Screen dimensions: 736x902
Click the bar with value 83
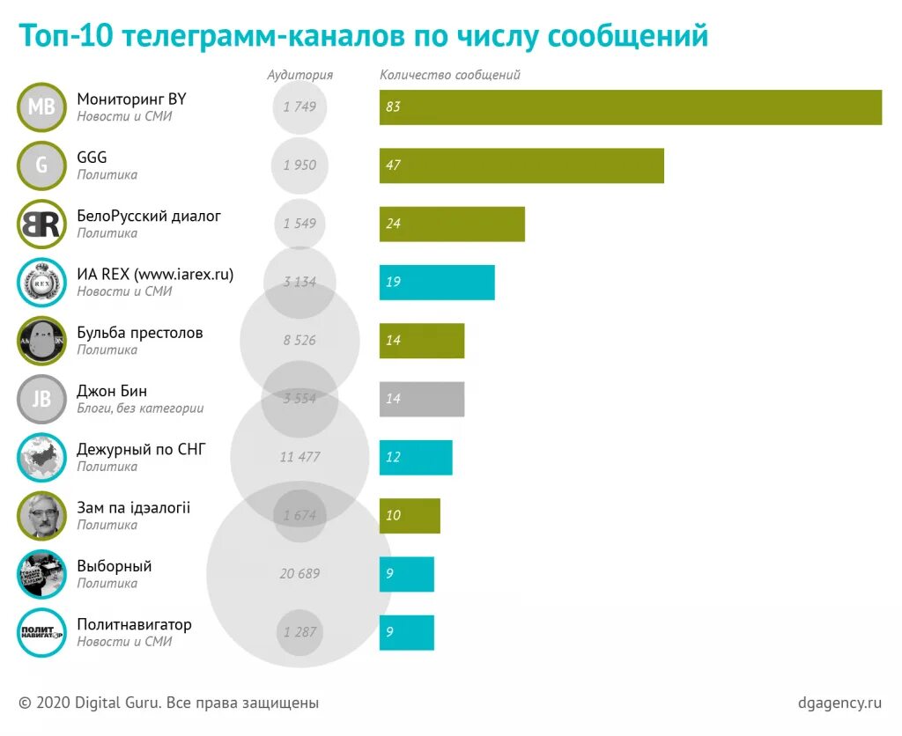point(630,107)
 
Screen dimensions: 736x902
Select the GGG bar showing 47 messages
point(521,166)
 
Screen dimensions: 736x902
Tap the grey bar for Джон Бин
point(422,399)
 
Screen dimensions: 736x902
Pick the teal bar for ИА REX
point(437,282)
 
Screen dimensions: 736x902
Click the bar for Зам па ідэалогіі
point(410,515)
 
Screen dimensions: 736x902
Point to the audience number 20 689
point(299,574)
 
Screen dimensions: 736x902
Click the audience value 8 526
point(299,340)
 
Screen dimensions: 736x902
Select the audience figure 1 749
point(299,107)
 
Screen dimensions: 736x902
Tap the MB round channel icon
point(41,107)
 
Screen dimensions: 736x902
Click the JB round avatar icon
point(41,399)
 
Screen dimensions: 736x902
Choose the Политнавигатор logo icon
point(41,632)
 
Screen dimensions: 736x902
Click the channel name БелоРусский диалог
point(149,216)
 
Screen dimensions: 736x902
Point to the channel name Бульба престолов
point(140,333)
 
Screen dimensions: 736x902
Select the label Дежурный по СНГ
point(141,449)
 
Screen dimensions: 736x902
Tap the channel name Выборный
point(115,566)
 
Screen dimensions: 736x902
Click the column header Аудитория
point(299,75)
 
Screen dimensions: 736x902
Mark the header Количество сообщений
point(450,75)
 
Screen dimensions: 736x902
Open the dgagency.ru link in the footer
point(839,703)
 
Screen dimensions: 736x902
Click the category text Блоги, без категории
point(140,408)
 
